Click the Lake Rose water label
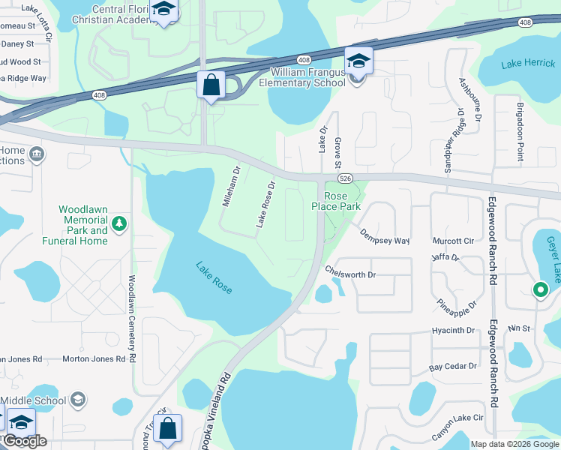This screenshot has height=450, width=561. pyautogui.click(x=214, y=277)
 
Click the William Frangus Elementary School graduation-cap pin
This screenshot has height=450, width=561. pyautogui.click(x=358, y=61)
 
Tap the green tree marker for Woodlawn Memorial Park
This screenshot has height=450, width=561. pyautogui.click(x=118, y=223)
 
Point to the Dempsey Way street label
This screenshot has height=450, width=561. pyautogui.click(x=384, y=236)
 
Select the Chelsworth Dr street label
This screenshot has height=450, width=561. pyautogui.click(x=349, y=274)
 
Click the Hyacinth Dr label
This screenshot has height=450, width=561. pyautogui.click(x=454, y=330)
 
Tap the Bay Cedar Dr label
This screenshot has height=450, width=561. pyautogui.click(x=453, y=367)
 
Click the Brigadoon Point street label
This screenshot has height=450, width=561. pyautogui.click(x=520, y=131)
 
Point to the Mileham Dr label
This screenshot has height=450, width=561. pyautogui.click(x=230, y=186)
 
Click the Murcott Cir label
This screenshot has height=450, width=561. pyautogui.click(x=454, y=241)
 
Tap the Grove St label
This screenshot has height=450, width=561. pyautogui.click(x=337, y=152)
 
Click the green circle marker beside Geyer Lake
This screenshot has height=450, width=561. pyautogui.click(x=539, y=289)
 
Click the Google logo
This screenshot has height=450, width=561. pyautogui.click(x=25, y=441)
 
